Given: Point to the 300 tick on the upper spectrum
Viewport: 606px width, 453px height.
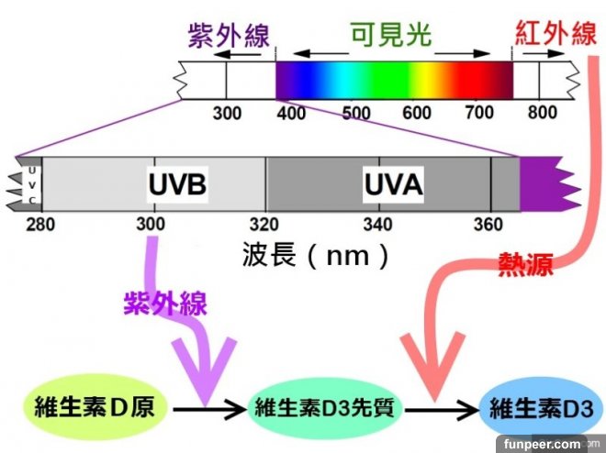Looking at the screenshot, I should pyautogui.click(x=227, y=114).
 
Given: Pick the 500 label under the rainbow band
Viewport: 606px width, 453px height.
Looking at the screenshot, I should pyautogui.click(x=354, y=114).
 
